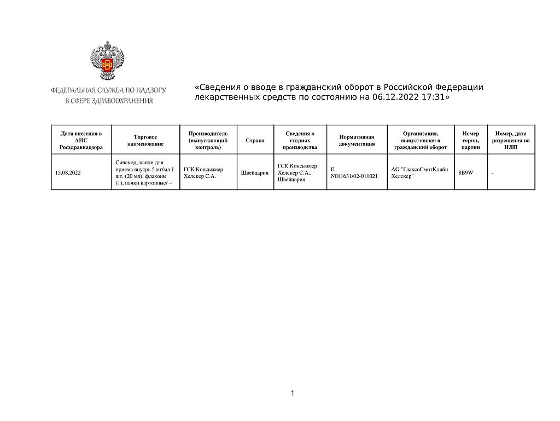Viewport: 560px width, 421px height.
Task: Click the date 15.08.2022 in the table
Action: [68, 173]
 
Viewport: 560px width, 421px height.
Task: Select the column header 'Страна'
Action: [255, 140]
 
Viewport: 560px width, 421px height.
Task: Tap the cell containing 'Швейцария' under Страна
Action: [255, 173]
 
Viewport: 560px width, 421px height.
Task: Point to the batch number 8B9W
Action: [466, 173]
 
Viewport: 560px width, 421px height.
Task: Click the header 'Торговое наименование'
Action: [145, 140]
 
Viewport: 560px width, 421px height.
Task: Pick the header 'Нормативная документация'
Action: [357, 140]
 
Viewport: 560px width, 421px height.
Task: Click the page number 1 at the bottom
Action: [293, 393]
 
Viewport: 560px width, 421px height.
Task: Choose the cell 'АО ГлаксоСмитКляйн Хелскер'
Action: [420, 173]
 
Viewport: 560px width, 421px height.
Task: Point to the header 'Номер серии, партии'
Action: [470, 140]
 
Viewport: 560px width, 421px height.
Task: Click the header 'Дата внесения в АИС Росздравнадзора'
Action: [81, 140]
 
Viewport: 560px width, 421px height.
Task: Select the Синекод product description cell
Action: [145, 173]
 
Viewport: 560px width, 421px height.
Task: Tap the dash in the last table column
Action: [493, 173]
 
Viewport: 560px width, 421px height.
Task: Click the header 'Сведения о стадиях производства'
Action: [300, 140]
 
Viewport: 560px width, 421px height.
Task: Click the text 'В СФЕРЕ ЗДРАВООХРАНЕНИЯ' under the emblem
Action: [109, 101]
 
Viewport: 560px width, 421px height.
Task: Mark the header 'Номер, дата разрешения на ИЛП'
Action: [511, 140]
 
